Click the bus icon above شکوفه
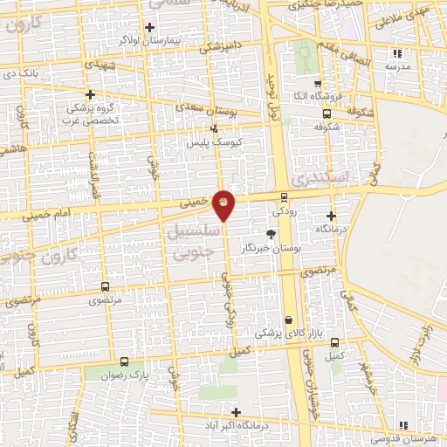point(327,113)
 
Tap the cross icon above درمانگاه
point(331,216)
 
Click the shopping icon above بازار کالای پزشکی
point(288,320)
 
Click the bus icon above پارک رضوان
point(124,361)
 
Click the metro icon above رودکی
point(285,196)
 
